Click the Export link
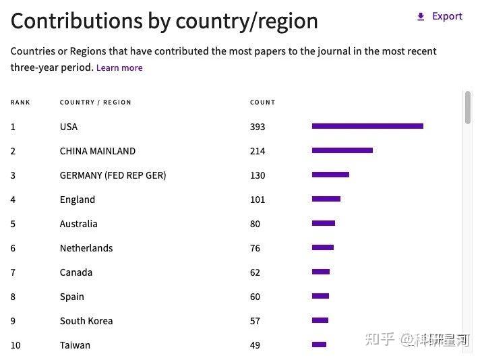[x=440, y=16]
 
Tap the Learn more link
[x=119, y=67]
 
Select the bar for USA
[x=367, y=126]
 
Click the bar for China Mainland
[x=342, y=150]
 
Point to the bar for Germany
[x=330, y=175]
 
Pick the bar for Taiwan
[x=319, y=344]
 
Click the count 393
[x=258, y=127]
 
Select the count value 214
[x=258, y=151]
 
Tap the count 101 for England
[x=258, y=200]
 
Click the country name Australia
[x=78, y=224]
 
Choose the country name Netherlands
[x=86, y=248]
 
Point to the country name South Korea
[x=86, y=321]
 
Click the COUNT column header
[x=262, y=102]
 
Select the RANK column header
[x=20, y=102]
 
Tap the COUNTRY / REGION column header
[x=95, y=102]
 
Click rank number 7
[x=13, y=272]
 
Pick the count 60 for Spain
[x=255, y=297]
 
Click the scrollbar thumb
[x=468, y=107]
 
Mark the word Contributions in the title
[x=77, y=21]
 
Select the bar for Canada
[x=321, y=272]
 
